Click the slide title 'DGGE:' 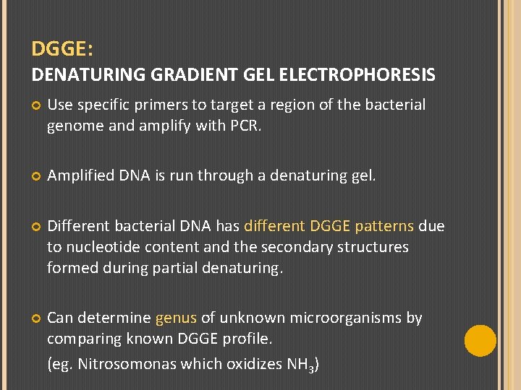pos(62,50)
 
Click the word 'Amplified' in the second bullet pos(80,175)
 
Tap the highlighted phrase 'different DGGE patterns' pos(329,226)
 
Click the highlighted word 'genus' pos(175,318)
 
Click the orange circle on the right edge pos(480,340)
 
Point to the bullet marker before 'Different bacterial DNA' pos(35,227)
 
